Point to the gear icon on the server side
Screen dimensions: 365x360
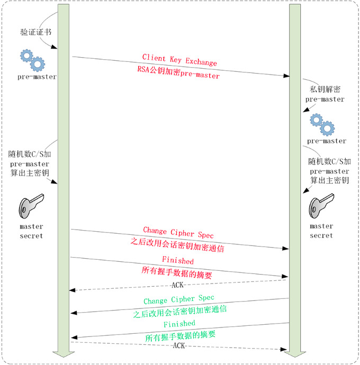322,124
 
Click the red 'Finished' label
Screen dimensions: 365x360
178,261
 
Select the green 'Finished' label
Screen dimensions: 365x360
179,324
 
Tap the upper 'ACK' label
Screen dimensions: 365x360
178,285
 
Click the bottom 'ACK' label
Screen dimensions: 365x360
179,345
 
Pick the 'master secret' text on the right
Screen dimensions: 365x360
321,231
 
